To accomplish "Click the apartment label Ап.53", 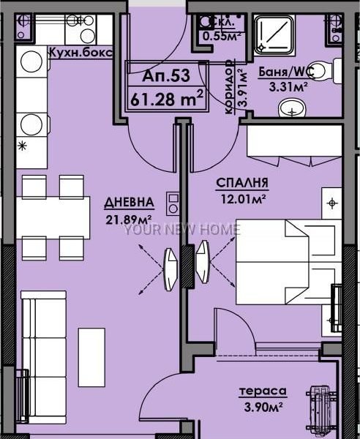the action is (x=166, y=75).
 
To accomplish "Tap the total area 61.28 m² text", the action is (x=167, y=98).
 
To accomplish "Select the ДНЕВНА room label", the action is (x=129, y=203).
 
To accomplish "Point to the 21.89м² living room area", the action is (x=129, y=219).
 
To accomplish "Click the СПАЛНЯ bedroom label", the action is (x=242, y=183).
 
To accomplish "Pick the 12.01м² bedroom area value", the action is (x=243, y=199).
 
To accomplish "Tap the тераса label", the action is (x=263, y=391).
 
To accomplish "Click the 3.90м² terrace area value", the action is (x=263, y=407).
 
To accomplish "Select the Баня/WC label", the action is (x=285, y=72).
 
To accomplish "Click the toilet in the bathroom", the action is (x=326, y=70).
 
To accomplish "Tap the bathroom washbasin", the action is (x=292, y=108).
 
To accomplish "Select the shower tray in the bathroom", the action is (x=274, y=34).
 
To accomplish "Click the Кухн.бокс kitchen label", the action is (x=81, y=53).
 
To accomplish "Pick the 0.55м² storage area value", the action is (x=222, y=36).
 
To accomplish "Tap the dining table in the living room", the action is (x=53, y=217).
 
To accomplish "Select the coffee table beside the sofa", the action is (x=91, y=358).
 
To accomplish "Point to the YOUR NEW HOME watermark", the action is (x=182, y=230).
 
